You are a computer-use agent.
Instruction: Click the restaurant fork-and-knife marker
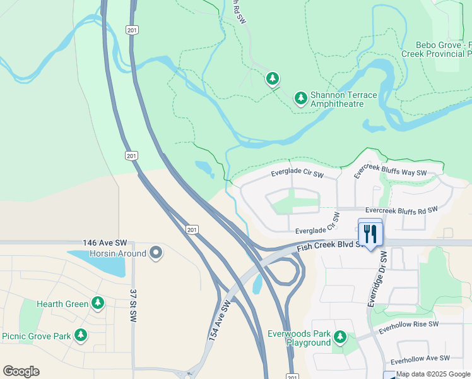[370, 234]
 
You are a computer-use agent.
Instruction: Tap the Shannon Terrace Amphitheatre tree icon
[301, 98]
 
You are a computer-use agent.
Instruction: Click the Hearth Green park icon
[97, 303]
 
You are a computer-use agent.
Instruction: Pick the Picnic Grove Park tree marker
[80, 335]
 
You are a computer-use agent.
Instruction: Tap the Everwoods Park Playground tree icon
[340, 337]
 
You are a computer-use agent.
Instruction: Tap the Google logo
[21, 371]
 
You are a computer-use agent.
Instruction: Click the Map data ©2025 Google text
[434, 374]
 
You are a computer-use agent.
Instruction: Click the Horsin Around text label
[118, 253]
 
